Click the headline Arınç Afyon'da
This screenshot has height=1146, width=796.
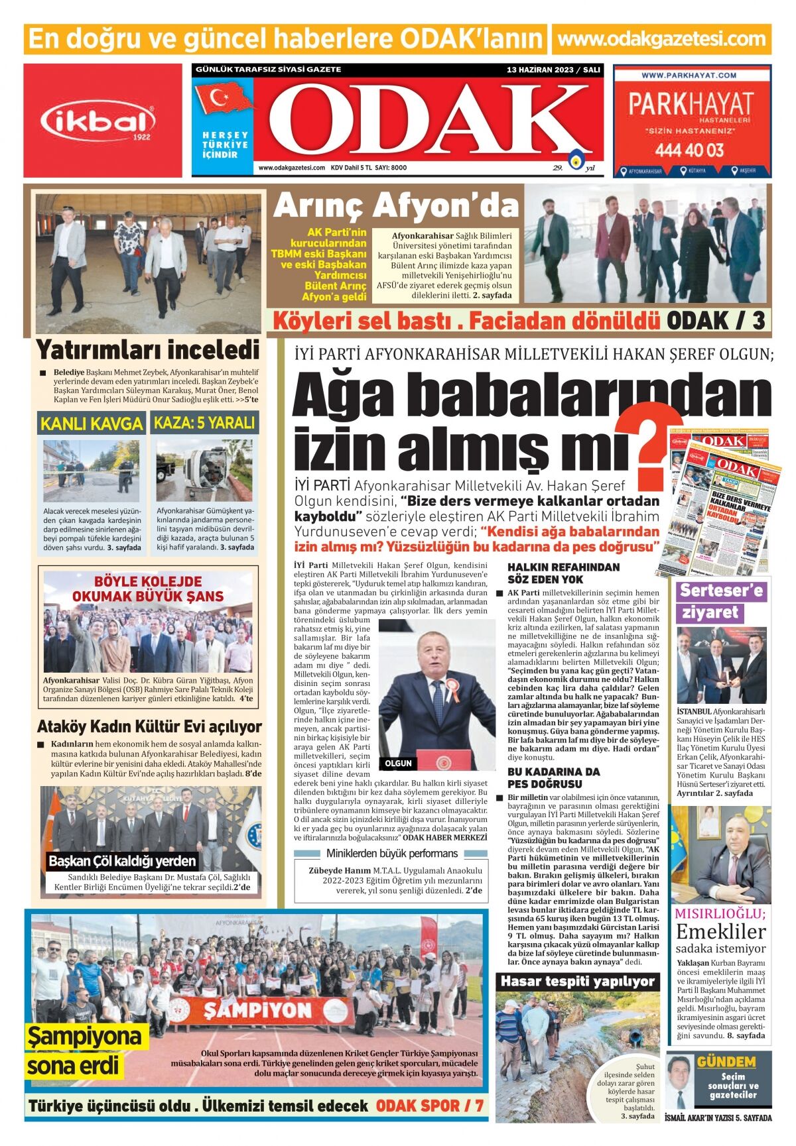click(x=395, y=206)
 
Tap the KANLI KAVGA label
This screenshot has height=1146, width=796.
click(x=92, y=423)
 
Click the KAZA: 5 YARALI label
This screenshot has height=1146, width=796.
click(x=204, y=422)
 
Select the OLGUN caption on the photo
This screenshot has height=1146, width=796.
click(x=399, y=763)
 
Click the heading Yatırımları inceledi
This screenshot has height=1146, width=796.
click(x=147, y=349)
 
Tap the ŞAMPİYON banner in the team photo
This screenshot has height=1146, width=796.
click(x=257, y=1009)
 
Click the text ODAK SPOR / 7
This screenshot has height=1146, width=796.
click(x=431, y=1106)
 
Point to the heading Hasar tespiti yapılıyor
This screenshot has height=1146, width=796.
click(x=577, y=981)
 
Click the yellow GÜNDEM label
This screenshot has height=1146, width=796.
click(x=726, y=1062)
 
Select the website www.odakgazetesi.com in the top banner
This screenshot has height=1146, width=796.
click(x=661, y=39)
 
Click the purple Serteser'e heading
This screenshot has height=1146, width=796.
click(x=722, y=590)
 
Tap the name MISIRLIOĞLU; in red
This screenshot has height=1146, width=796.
click(x=720, y=913)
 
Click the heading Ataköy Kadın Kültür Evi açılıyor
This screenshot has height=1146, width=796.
click(x=149, y=726)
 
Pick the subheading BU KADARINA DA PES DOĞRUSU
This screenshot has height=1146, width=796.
click(x=553, y=777)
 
